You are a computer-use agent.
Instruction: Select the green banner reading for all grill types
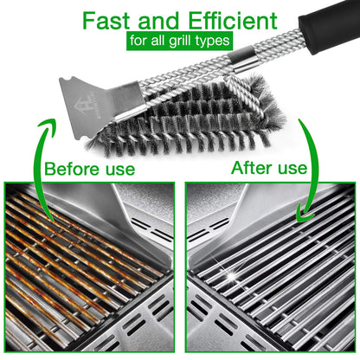(179, 41)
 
